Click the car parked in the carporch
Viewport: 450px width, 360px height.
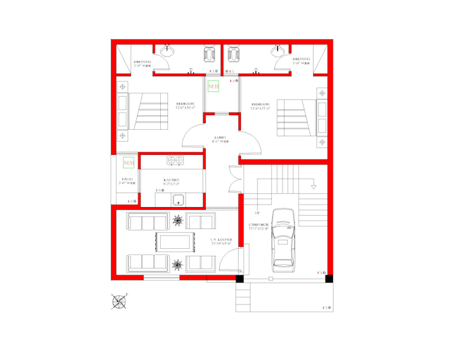click(283, 238)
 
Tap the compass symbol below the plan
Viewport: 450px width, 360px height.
click(119, 301)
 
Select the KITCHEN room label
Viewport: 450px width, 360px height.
click(173, 180)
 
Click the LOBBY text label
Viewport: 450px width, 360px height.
click(220, 138)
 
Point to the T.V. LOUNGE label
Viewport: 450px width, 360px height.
click(222, 241)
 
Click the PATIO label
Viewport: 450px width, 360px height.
click(127, 180)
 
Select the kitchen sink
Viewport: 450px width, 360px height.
click(179, 201)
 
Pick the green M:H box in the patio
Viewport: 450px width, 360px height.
click(128, 162)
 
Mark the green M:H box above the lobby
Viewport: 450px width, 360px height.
click(213, 87)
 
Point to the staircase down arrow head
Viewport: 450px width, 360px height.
click(314, 188)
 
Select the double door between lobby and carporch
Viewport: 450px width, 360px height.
click(234, 179)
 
